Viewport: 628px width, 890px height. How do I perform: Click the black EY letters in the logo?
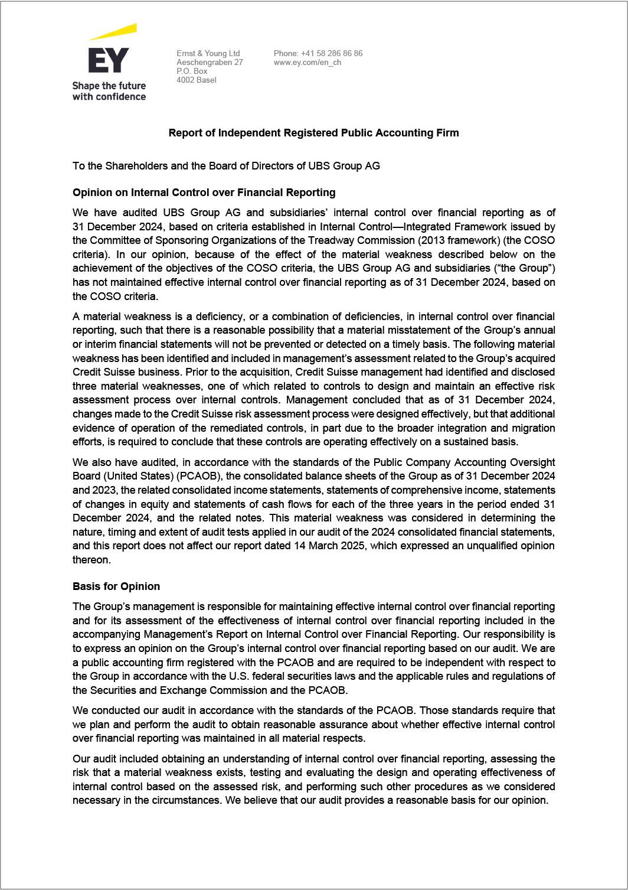[x=108, y=60]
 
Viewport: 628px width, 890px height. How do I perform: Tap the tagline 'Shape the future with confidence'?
[x=109, y=91]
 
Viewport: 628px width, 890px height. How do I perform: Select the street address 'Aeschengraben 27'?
[x=210, y=62]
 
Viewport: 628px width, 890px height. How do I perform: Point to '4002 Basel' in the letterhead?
[x=197, y=80]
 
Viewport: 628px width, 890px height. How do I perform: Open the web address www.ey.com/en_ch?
[x=307, y=62]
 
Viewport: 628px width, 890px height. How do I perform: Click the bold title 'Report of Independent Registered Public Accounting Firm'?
[x=313, y=132]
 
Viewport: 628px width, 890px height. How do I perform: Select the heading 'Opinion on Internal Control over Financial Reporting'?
[x=204, y=192]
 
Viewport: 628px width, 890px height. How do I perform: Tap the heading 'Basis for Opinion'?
[x=116, y=586]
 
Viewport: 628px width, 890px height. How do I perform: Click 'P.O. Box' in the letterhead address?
[x=192, y=71]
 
